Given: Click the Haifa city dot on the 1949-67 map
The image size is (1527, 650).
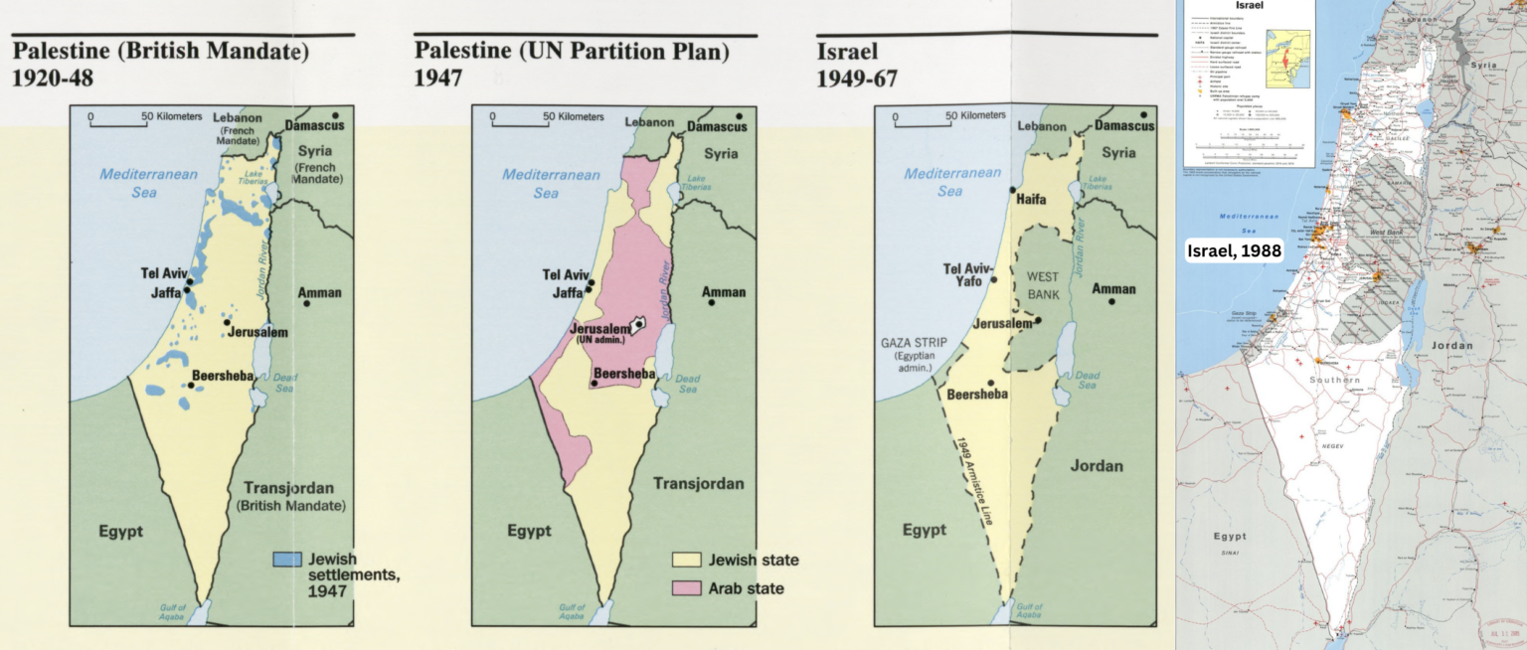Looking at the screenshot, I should point(1012,189).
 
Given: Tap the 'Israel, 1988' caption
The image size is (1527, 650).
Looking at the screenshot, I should point(1235,251).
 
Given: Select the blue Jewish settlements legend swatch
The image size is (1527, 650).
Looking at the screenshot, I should point(286,560).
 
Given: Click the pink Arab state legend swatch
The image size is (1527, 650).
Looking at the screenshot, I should point(687,588).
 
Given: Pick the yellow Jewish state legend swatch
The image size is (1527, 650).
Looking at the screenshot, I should point(687,560).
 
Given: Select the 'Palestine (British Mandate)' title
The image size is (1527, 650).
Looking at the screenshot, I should point(160,51).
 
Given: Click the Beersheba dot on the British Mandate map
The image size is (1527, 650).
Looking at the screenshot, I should point(191,385).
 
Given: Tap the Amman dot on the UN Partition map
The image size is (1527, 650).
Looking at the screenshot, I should point(712,301).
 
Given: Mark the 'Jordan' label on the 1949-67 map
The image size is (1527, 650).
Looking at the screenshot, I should point(1097,465).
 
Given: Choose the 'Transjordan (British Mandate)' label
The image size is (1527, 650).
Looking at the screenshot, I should point(290,496).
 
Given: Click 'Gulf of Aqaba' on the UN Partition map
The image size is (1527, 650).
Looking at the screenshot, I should point(572,612).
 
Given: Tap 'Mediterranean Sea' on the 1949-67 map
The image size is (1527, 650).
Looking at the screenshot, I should point(951,182).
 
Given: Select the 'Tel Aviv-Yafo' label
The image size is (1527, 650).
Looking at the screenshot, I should point(966,274).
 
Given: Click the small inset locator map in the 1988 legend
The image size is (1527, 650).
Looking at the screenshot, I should point(1287,59).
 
